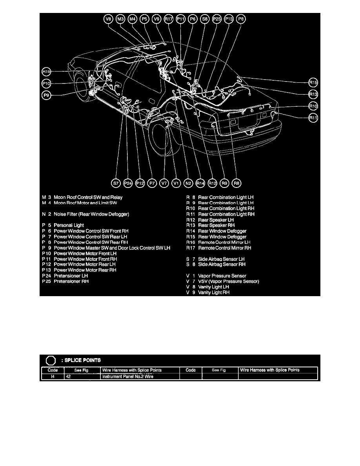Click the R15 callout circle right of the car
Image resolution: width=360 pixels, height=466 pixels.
coord(313,83)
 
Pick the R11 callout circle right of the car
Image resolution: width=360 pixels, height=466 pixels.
coord(313,117)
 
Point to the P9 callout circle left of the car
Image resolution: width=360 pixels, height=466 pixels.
coord(47,95)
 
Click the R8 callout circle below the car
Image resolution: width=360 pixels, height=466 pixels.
coord(236,183)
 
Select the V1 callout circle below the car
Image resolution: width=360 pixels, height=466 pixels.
coord(176,183)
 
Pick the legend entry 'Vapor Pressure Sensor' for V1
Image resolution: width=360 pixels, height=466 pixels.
coord(222,276)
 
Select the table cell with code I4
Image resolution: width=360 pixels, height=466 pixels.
coord(53,377)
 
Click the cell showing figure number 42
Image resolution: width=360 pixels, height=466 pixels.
coord(82,377)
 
